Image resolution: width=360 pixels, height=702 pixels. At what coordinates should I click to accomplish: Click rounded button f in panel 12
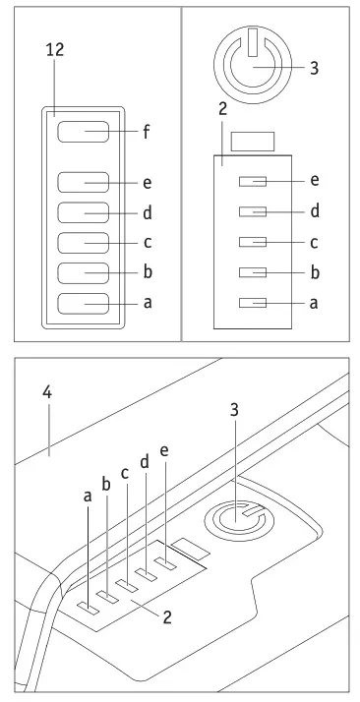point(83,131)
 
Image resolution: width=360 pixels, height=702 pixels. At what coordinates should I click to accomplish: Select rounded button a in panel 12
point(83,304)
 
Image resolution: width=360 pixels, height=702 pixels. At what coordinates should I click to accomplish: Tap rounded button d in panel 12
point(83,213)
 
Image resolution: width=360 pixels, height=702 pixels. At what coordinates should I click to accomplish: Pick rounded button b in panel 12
point(83,273)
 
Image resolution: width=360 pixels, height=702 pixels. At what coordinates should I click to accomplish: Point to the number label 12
point(55,50)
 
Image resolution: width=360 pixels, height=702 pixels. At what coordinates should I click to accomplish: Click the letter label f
point(147,131)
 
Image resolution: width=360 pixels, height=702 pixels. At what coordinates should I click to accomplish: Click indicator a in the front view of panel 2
point(252,303)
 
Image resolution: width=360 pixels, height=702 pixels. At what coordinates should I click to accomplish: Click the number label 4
point(46,391)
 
